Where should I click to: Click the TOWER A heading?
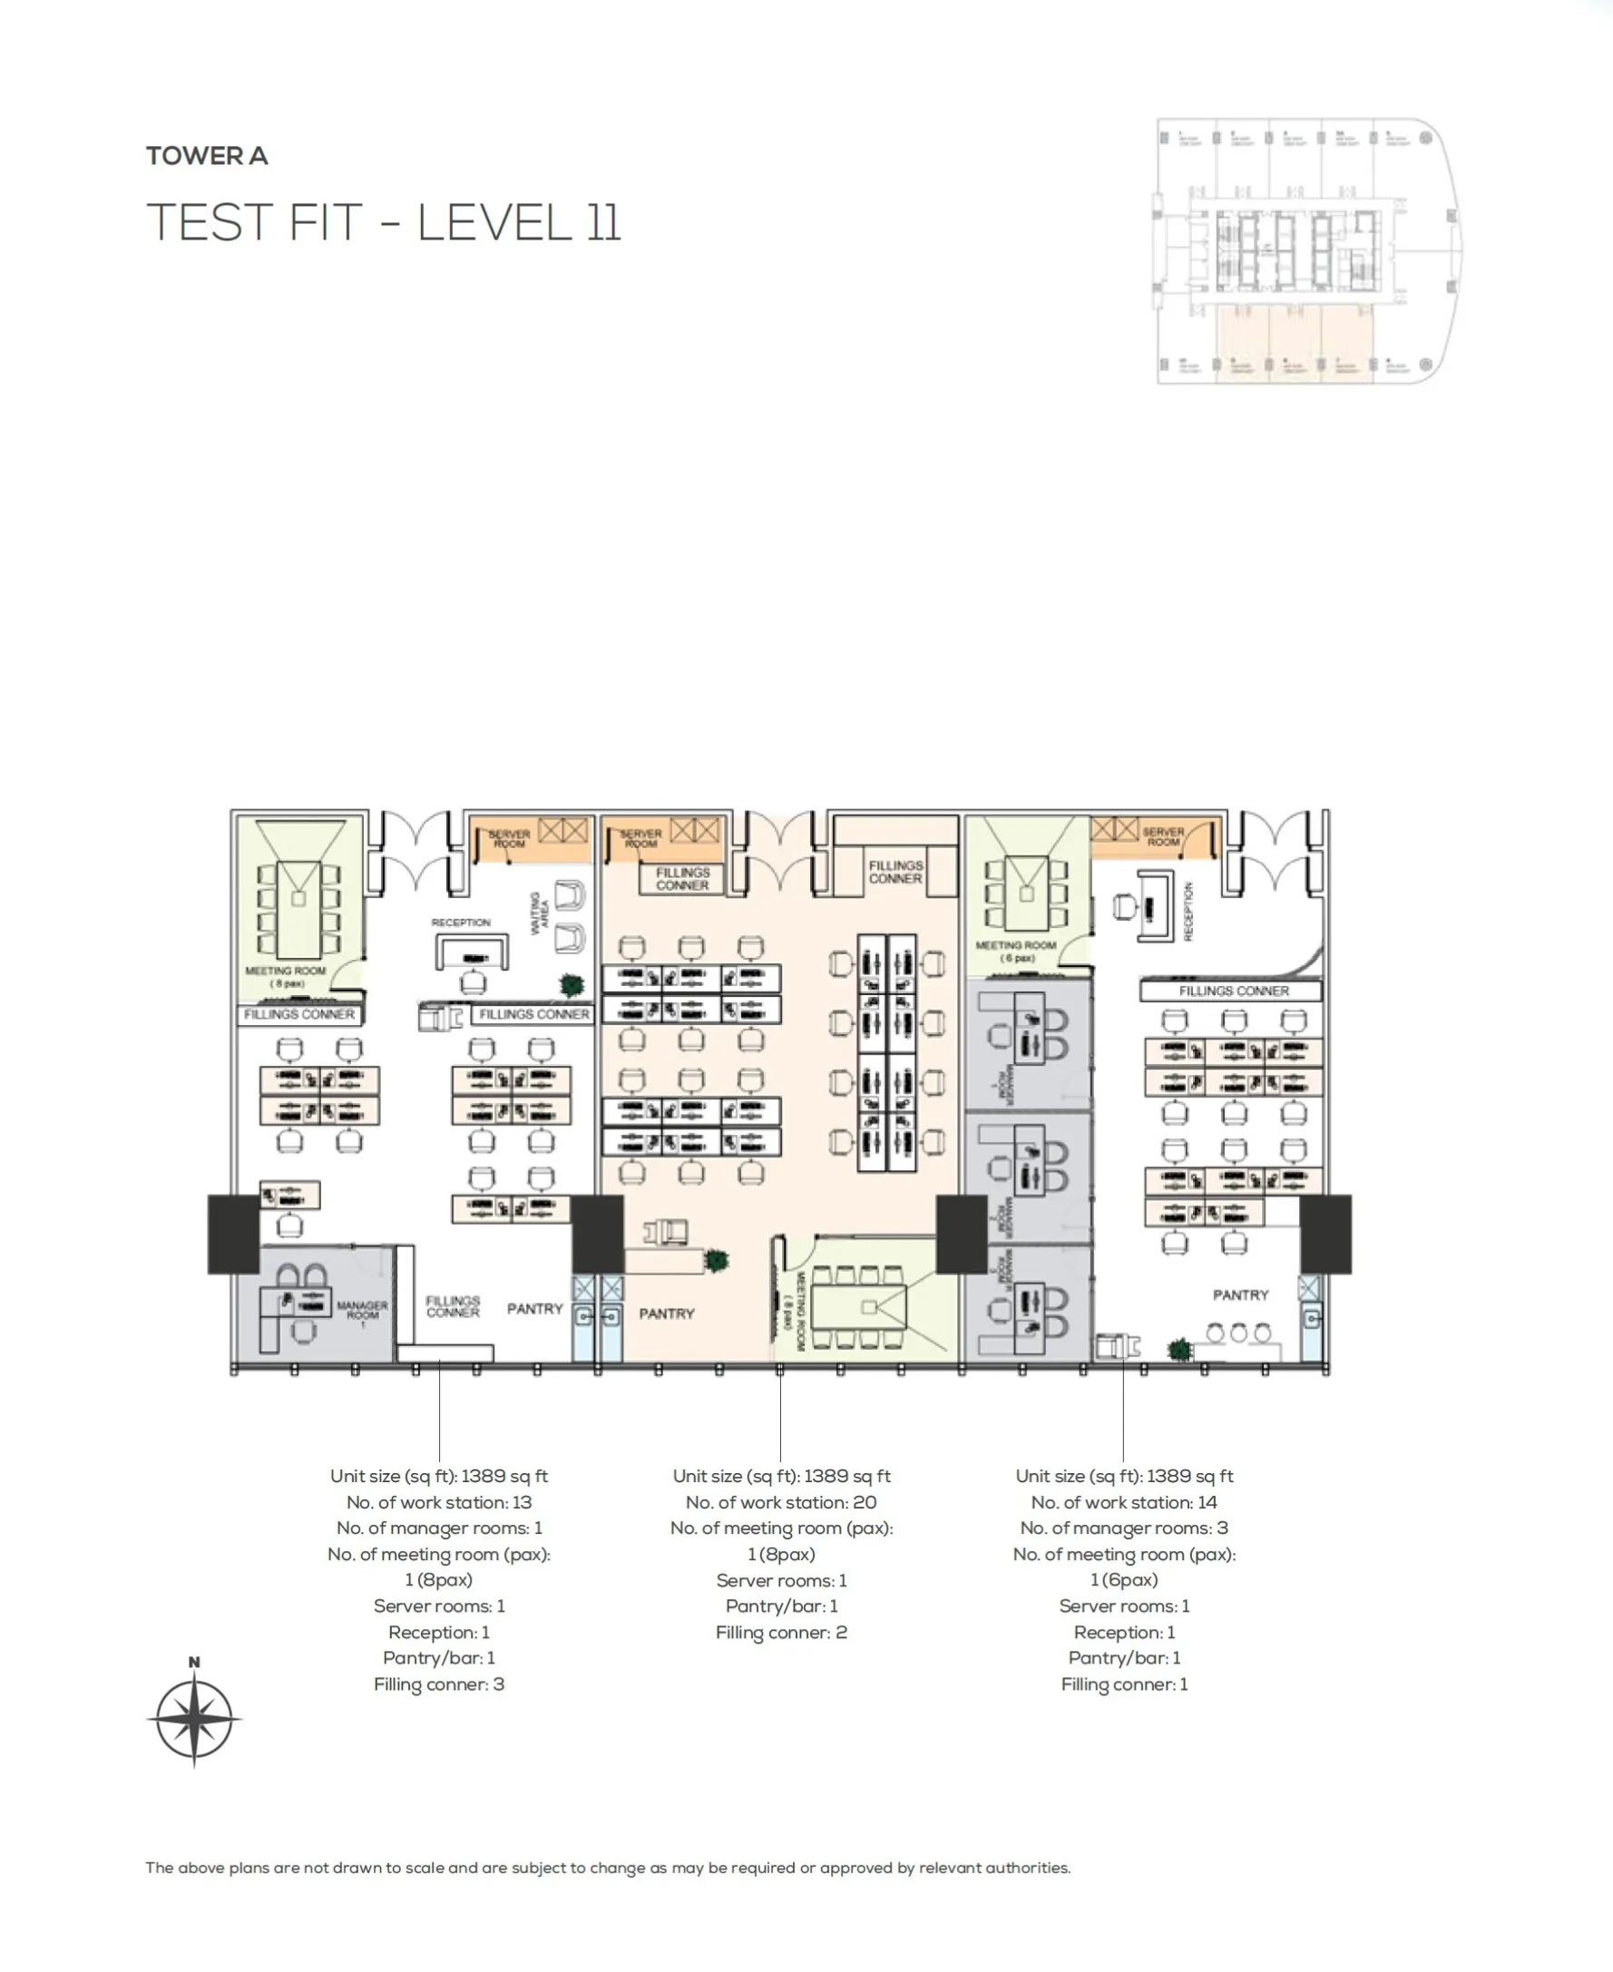click(206, 155)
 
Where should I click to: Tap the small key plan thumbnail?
click(1308, 250)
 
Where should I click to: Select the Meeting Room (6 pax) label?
click(1015, 951)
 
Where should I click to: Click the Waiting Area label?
click(539, 913)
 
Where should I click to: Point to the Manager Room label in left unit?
click(361, 1310)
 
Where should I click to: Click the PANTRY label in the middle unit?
click(666, 1313)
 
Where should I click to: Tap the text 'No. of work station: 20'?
click(780, 1502)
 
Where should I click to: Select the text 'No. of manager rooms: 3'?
click(1123, 1528)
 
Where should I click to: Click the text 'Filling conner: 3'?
click(438, 1684)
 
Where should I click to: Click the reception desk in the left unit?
click(472, 952)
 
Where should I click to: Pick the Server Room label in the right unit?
click(1162, 837)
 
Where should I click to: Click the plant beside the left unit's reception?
click(572, 984)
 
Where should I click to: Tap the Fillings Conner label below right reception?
click(1233, 991)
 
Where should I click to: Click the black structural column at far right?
click(1324, 1234)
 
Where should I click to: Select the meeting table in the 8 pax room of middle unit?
click(858, 1307)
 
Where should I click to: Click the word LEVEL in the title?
click(494, 223)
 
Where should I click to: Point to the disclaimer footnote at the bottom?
click(608, 1868)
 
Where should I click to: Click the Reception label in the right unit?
click(1188, 912)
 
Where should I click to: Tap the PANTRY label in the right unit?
click(1239, 1294)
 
